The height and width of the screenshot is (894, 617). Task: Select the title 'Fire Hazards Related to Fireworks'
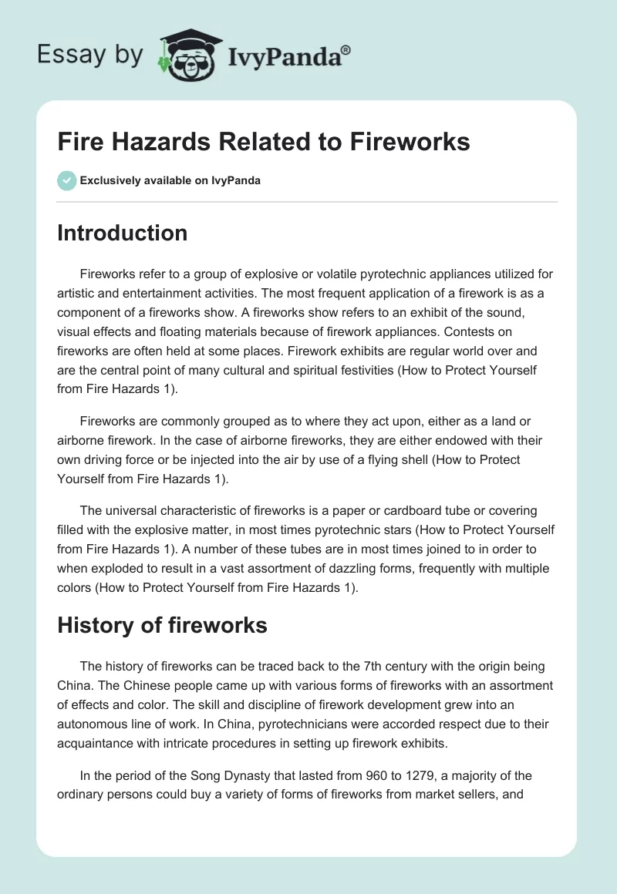pos(264,143)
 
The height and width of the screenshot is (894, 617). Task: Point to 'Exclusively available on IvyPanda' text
pos(170,181)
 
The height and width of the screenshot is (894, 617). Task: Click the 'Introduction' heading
pos(122,233)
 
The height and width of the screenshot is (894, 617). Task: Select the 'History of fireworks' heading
pos(162,625)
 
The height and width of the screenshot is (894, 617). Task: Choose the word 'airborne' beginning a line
pos(81,441)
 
